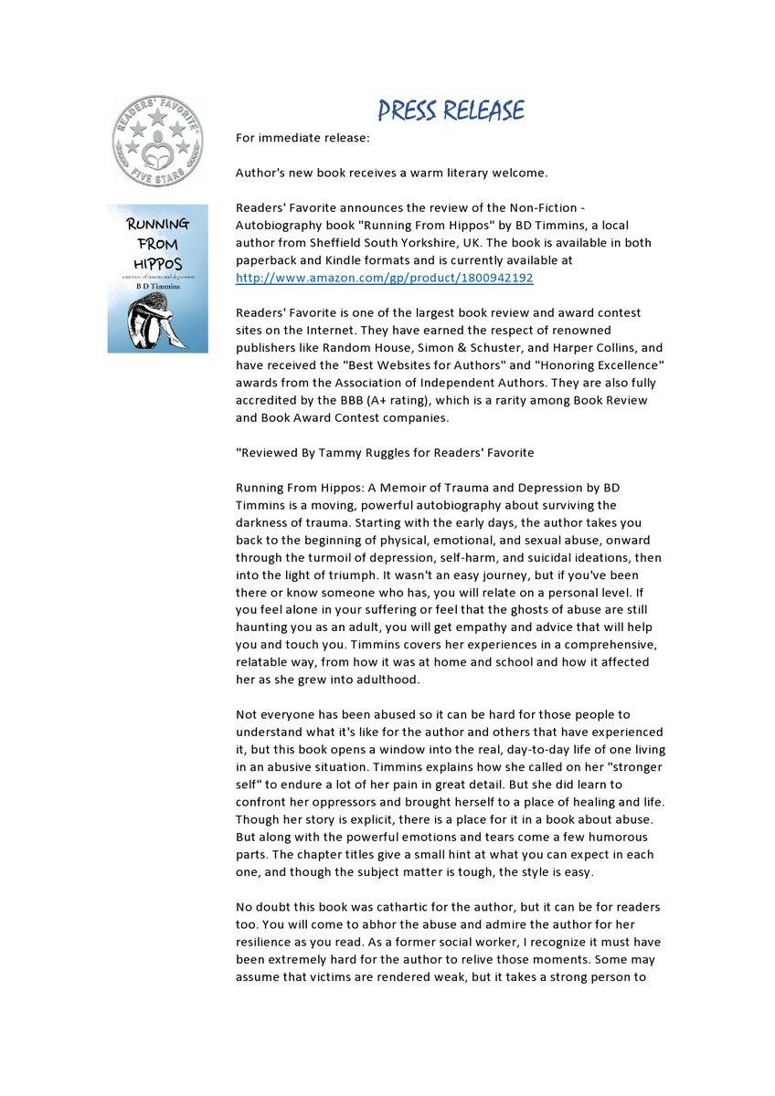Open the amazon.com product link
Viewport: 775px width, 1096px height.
(x=385, y=278)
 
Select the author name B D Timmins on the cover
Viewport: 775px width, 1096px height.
(x=157, y=285)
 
